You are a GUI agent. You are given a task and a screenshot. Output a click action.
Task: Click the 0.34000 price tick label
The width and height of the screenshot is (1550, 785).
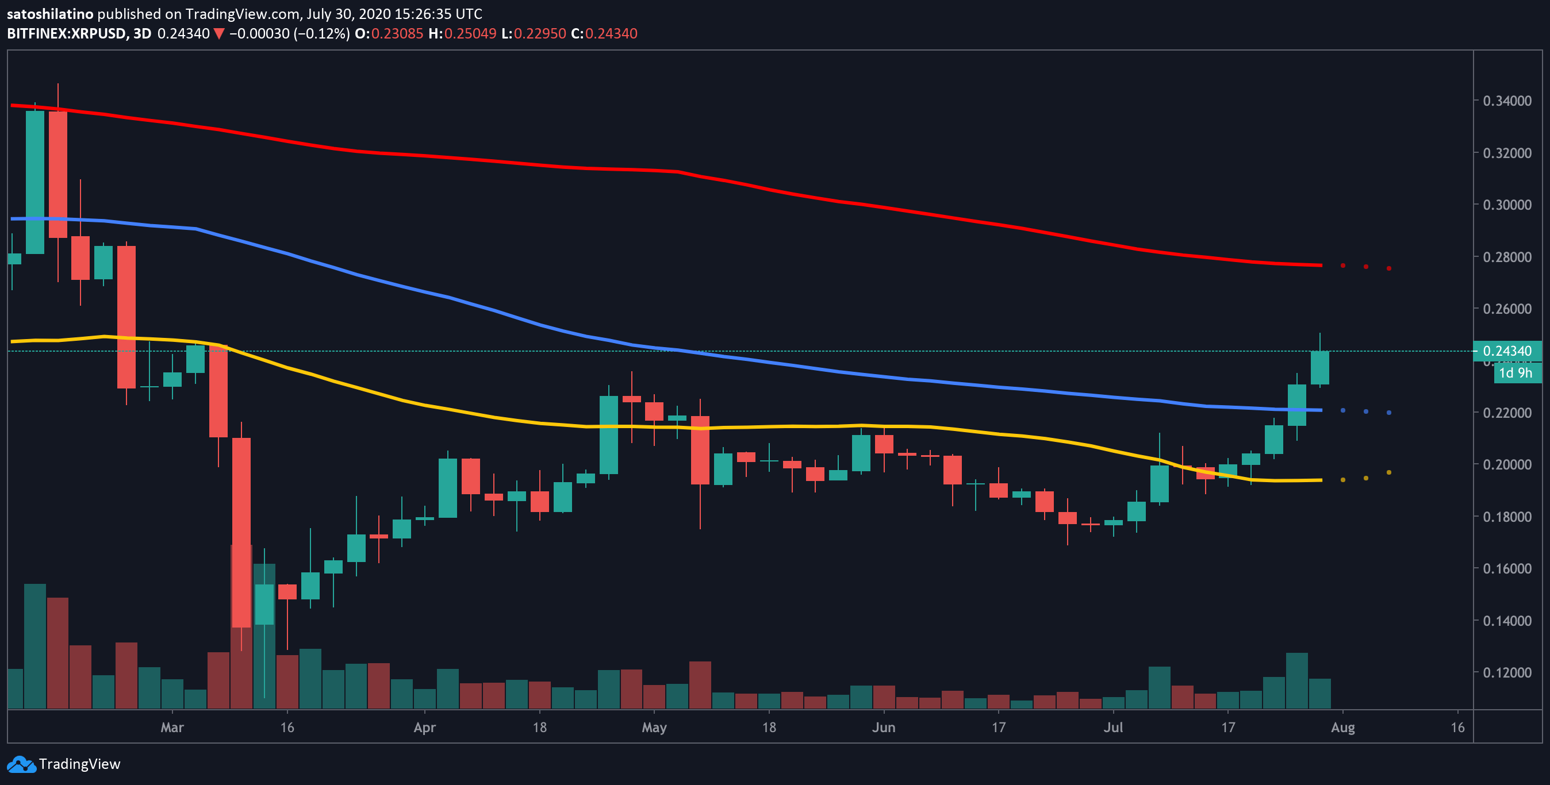click(1507, 101)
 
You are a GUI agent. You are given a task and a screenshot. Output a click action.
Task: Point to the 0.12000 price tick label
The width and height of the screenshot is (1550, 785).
click(1507, 672)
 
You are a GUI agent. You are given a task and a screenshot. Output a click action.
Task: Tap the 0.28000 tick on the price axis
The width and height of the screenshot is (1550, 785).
click(1507, 257)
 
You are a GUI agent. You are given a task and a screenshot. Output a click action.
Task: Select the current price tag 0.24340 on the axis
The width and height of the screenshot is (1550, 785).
click(1507, 351)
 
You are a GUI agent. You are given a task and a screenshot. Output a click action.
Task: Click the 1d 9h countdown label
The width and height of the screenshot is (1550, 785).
click(1516, 373)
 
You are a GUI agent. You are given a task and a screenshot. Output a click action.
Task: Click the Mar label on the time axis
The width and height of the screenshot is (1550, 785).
click(172, 728)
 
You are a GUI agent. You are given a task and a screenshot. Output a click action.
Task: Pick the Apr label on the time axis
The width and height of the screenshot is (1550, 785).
click(425, 728)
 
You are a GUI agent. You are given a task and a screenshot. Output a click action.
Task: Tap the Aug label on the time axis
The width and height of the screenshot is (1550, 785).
click(1343, 728)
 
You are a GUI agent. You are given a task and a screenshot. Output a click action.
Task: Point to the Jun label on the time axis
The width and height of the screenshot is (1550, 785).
click(884, 728)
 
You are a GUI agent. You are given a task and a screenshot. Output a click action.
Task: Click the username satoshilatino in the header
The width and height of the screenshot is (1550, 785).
click(50, 14)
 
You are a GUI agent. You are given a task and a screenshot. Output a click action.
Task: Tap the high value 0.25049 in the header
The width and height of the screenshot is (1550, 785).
click(470, 34)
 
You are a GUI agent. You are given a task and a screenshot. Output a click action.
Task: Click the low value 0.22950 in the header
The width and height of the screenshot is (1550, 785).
click(540, 34)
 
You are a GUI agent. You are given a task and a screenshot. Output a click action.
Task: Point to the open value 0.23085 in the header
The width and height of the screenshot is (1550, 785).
click(397, 34)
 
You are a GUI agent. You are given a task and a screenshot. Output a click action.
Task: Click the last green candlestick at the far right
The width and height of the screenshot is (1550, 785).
click(1320, 368)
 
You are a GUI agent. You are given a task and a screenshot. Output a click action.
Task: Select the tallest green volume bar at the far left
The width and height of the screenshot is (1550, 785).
click(35, 646)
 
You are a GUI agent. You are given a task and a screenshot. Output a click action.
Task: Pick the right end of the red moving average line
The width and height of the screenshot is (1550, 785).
click(1321, 265)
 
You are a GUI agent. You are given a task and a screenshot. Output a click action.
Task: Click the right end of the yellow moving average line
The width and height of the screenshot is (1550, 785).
click(1321, 480)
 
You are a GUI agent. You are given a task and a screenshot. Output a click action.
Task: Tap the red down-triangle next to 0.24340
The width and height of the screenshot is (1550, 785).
click(219, 34)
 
